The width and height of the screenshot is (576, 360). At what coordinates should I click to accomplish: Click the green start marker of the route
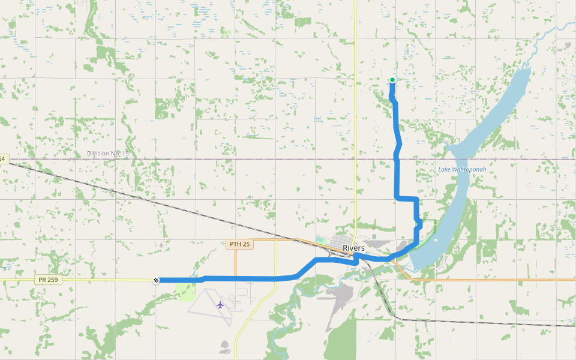(x=392, y=80)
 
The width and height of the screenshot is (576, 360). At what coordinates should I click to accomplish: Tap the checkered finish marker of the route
(x=156, y=280)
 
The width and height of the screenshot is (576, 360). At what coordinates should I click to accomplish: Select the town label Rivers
(x=353, y=248)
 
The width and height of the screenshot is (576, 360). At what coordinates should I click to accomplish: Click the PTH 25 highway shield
(x=239, y=244)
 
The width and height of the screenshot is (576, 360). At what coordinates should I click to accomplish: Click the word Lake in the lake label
(x=444, y=170)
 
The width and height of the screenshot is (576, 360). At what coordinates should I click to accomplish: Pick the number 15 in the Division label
(x=125, y=154)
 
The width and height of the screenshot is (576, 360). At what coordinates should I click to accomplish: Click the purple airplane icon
(x=220, y=305)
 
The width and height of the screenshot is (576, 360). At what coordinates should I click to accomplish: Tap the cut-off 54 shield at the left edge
(x=2, y=159)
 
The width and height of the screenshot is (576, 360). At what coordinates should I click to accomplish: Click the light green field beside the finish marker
(x=187, y=292)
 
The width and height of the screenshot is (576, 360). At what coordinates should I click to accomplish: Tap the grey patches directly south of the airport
(x=224, y=346)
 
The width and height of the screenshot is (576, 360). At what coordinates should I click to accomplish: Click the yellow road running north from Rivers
(x=355, y=120)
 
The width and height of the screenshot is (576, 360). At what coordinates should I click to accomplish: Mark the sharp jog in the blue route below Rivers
(x=356, y=259)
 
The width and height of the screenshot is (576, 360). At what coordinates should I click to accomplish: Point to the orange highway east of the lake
(x=510, y=280)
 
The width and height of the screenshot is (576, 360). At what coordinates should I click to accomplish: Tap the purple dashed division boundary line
(x=240, y=160)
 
